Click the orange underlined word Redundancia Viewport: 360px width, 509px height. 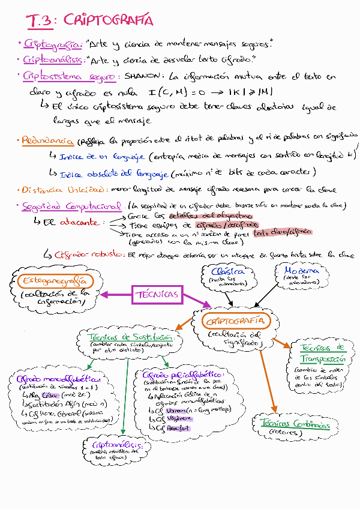click(47, 141)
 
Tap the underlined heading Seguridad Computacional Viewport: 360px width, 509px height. click(71, 206)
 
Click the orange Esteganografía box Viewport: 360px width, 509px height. click(53, 281)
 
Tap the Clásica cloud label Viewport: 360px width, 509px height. click(229, 271)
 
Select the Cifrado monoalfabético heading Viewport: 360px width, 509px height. click(53, 379)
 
